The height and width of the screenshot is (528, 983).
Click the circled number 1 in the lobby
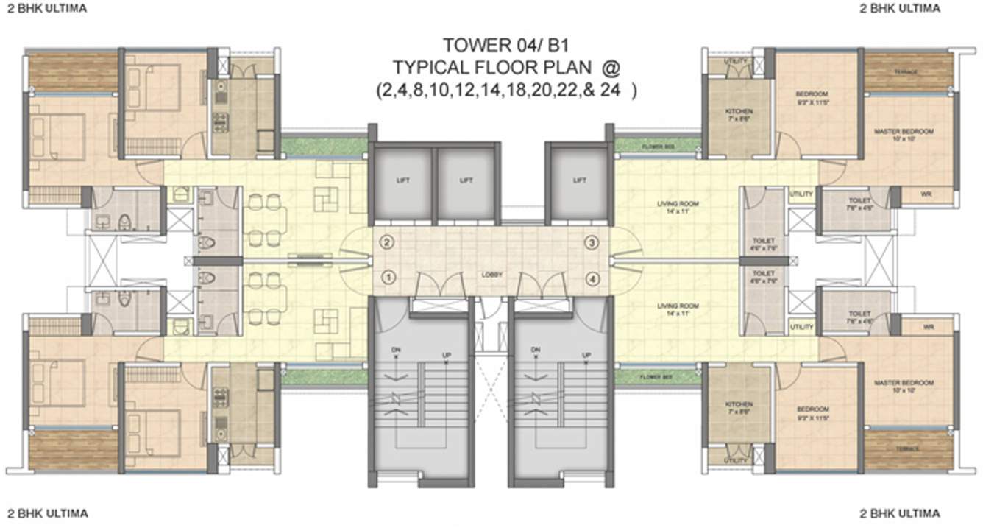(389, 278)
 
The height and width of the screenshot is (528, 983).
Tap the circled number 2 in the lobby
(389, 242)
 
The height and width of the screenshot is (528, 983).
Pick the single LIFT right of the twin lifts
(579, 180)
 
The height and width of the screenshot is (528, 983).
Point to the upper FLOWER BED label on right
(656, 146)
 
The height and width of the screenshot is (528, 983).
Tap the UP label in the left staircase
(446, 356)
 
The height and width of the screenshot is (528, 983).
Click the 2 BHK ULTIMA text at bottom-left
(48, 513)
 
